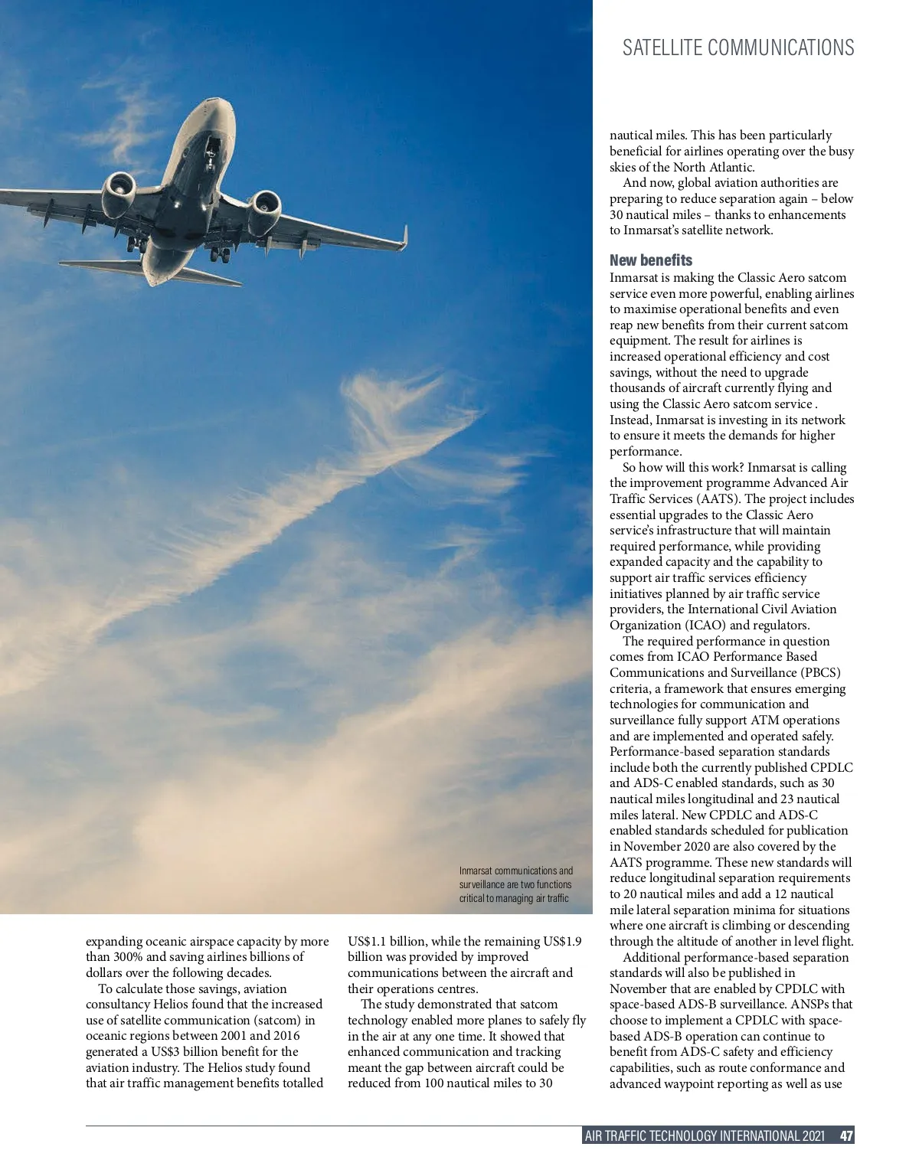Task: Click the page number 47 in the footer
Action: [845, 1135]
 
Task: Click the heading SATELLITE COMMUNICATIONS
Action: [737, 47]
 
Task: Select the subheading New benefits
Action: [650, 260]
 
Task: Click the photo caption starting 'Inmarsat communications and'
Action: [515, 884]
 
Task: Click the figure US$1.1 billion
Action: [384, 941]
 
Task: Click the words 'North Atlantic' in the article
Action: [714, 167]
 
